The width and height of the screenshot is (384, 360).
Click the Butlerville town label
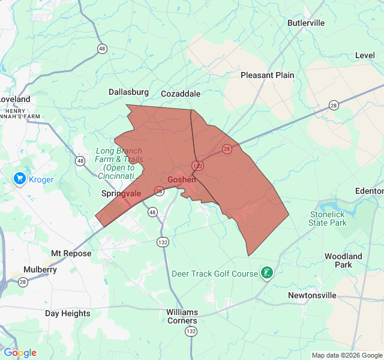click(x=306, y=23)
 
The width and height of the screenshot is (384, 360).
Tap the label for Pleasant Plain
click(x=267, y=75)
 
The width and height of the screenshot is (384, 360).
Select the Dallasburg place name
click(x=128, y=92)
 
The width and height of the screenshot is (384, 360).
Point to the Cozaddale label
click(x=181, y=94)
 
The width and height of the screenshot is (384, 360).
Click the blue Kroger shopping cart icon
click(x=20, y=179)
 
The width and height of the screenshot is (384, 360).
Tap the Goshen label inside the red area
click(x=182, y=179)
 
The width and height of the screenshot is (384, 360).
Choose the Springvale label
click(x=121, y=194)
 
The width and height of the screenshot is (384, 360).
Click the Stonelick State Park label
click(x=328, y=218)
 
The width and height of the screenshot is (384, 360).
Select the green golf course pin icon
click(x=266, y=274)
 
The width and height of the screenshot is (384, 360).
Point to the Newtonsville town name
click(x=313, y=295)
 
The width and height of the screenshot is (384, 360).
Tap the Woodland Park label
click(x=343, y=260)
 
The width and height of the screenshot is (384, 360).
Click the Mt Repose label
click(x=71, y=253)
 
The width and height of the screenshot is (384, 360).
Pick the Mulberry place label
click(x=40, y=269)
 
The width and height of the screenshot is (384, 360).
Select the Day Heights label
click(x=68, y=313)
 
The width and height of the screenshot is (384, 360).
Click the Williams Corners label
click(x=182, y=316)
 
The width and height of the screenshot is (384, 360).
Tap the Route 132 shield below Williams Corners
click(x=191, y=331)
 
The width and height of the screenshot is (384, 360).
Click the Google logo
click(x=20, y=353)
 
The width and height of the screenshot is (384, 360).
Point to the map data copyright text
click(x=346, y=355)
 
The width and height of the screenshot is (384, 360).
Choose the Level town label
click(x=365, y=55)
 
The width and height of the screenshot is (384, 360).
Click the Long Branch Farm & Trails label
click(x=118, y=159)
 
